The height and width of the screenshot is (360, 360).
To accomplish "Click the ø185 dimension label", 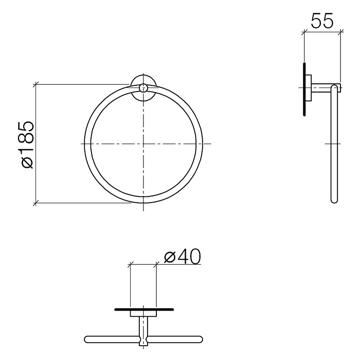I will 26,144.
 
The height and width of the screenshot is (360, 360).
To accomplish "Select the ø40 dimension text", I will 182,256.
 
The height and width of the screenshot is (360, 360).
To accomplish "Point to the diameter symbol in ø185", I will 26,161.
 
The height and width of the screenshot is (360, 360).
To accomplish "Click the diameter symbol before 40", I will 170,256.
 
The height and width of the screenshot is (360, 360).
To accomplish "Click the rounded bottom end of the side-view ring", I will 333,200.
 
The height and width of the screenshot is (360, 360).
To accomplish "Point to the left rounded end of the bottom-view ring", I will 87,339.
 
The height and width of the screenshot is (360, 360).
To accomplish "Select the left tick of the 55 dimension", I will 304,32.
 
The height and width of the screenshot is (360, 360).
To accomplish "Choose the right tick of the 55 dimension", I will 339,32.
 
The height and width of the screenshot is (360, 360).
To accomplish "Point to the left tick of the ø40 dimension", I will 131,264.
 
